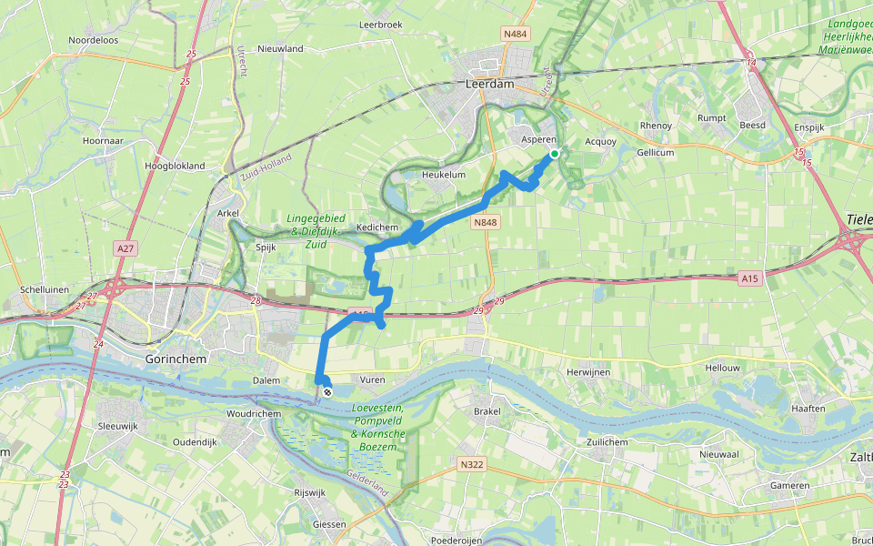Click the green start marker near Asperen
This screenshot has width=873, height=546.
tap(554, 154)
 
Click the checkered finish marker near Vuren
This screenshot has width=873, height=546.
tap(326, 392)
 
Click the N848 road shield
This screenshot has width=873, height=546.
tap(484, 221)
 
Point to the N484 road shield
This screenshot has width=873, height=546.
tap(514, 34)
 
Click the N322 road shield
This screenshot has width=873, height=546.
tap(470, 464)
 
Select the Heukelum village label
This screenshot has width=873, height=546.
tap(444, 175)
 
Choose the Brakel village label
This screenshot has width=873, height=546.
tap(487, 411)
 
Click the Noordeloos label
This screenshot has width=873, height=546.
tap(94, 40)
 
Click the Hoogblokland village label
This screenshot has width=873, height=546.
tap(175, 167)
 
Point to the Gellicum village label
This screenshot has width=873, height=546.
tap(655, 153)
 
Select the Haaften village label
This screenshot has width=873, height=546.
tap(808, 409)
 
